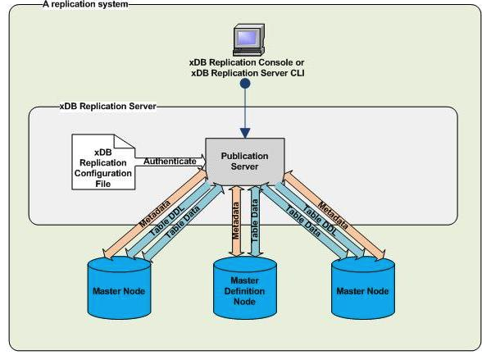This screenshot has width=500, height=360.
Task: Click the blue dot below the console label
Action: pyautogui.click(x=243, y=84)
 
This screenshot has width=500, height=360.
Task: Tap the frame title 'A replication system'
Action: pyautogui.click(x=75, y=4)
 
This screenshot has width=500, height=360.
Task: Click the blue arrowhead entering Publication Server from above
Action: pyautogui.click(x=243, y=132)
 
